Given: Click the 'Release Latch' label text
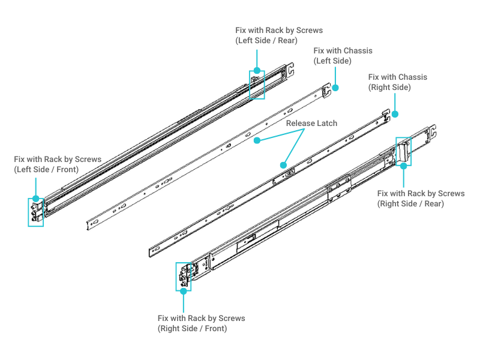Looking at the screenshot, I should coord(311,124).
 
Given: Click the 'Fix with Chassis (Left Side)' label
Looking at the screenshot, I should coord(343,56).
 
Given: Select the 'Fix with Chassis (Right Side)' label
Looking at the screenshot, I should coord(397,82).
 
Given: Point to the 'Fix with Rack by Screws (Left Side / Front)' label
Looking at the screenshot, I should coord(58,164).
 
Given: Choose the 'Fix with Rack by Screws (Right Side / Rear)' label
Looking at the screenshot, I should coord(421,199).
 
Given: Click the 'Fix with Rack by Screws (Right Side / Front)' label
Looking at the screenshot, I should coord(201,323).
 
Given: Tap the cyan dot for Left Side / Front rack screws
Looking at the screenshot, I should coord(35,199).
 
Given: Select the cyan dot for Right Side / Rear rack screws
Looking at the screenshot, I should coord(403,166).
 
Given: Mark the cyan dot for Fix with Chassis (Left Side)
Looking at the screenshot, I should coord(335,88).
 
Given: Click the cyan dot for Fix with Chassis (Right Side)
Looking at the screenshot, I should coord(396,113).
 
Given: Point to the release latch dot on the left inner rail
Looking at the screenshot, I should coord(257,140).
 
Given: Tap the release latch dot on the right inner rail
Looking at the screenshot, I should coord(283,163).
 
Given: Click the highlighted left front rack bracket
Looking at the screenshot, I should coord(36,212).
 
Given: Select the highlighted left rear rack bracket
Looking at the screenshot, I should coord(257,84).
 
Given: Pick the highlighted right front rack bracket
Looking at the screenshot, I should coord(183,277).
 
